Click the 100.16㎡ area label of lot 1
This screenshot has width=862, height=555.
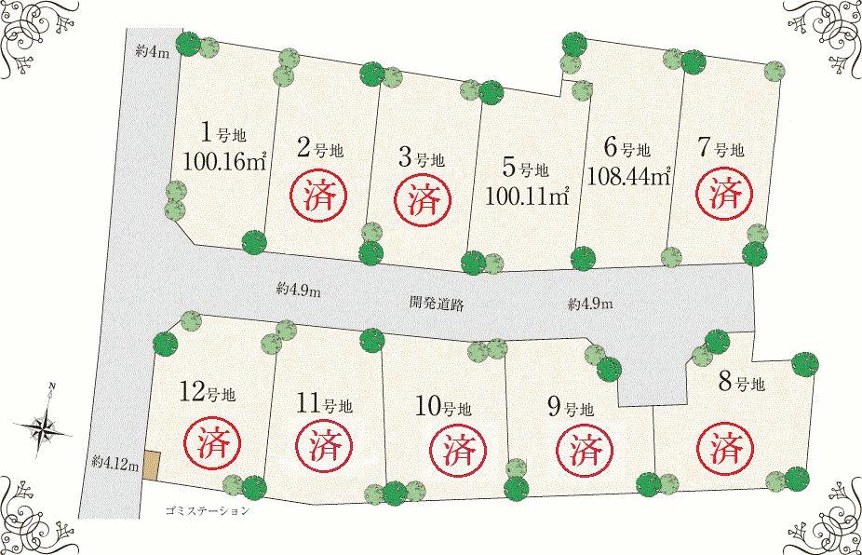pos(225,161)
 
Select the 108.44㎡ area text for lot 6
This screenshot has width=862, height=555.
pos(629,175)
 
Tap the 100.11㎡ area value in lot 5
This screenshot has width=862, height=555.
pos(526,196)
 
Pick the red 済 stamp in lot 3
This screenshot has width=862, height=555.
pos(425,197)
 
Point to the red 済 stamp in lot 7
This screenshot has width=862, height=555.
pos(723,194)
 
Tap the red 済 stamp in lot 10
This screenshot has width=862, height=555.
pos(455,451)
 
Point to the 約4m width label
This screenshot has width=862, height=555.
pos(152,53)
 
